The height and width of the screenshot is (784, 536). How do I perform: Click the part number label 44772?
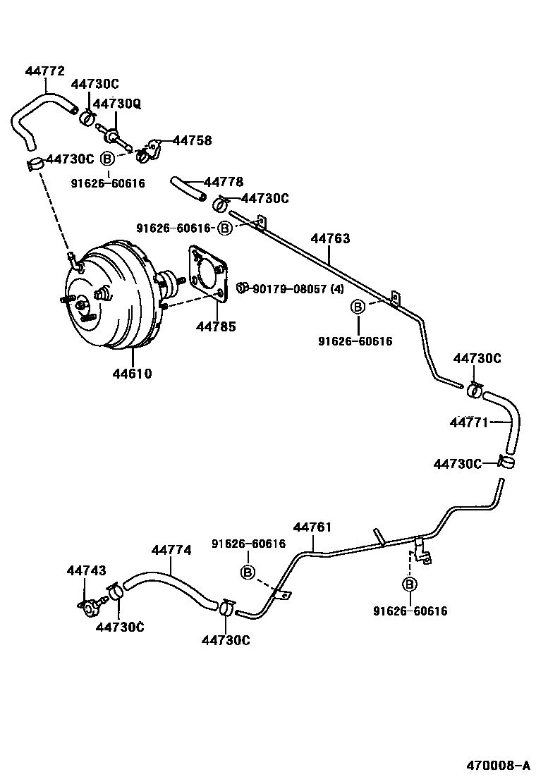[44, 71]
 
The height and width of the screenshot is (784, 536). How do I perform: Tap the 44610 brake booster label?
[131, 374]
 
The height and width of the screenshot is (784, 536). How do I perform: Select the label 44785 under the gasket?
[216, 326]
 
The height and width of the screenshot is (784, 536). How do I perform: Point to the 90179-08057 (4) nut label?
[299, 288]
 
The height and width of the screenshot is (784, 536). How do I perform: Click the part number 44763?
[330, 239]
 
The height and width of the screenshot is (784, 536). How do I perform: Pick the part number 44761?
[312, 527]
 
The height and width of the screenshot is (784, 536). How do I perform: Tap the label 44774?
[171, 551]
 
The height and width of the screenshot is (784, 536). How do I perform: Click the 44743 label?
[87, 570]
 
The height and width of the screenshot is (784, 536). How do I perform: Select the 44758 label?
[192, 141]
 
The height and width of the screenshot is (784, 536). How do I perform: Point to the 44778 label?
[224, 183]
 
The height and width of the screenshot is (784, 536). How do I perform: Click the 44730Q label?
[117, 104]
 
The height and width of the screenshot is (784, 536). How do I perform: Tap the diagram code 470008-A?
[497, 766]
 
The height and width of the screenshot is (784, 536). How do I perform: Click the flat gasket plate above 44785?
[207, 275]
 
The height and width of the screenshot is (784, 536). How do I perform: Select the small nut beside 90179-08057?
[241, 287]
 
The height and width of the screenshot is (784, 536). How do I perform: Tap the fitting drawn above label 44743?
[90, 604]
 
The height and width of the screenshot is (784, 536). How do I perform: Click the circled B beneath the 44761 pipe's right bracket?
[409, 584]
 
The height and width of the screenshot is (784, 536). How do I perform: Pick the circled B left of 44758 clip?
[107, 157]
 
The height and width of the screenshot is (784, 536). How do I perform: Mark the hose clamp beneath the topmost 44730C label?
[87, 116]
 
